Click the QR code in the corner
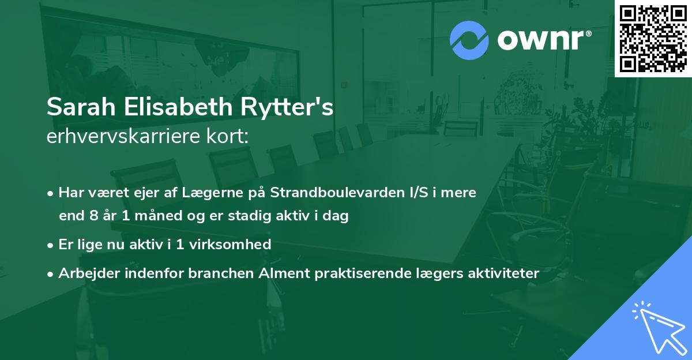click(x=653, y=38)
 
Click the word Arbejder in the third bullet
click(x=84, y=273)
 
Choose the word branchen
click(x=215, y=273)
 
